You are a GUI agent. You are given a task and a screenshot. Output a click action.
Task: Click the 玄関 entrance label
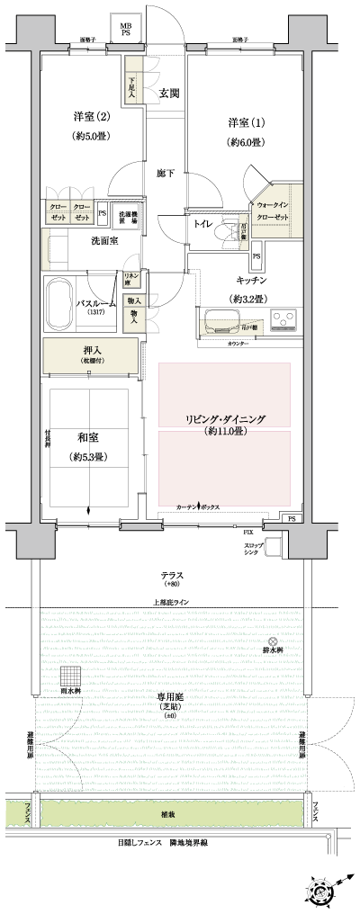pos(169,93)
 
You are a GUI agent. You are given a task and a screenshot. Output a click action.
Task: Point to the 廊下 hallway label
pos(163,172)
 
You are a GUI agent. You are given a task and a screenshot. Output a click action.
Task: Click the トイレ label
pos(202,223)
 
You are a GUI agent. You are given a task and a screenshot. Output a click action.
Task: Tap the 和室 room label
pos(88,437)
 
